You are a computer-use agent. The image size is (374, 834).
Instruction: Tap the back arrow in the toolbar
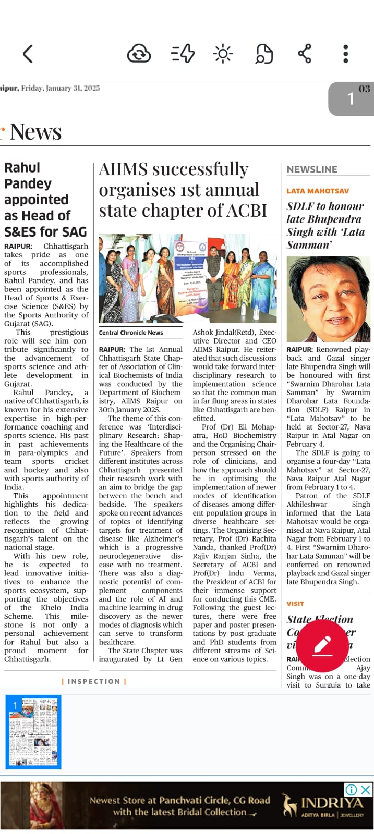pyautogui.click(x=28, y=54)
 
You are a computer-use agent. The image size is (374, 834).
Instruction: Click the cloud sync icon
pyautogui.click(x=139, y=54)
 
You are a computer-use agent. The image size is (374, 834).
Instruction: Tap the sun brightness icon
pyautogui.click(x=223, y=54)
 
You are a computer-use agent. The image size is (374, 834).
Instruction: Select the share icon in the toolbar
pyautogui.click(x=304, y=54)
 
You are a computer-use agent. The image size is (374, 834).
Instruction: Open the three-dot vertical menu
pyautogui.click(x=345, y=54)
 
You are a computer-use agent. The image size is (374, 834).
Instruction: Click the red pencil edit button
pyautogui.click(x=322, y=646)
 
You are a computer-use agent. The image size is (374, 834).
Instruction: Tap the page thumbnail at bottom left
pyautogui.click(x=33, y=732)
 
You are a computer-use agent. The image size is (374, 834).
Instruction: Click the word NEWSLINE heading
pyautogui.click(x=312, y=169)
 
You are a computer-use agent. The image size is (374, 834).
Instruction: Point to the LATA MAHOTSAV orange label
pyautogui.click(x=318, y=191)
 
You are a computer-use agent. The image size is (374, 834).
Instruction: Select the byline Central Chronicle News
pyautogui.click(x=131, y=333)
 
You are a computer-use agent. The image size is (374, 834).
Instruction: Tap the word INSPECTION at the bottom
pyautogui.click(x=94, y=681)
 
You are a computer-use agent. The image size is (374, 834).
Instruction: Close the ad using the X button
pyautogui.click(x=366, y=790)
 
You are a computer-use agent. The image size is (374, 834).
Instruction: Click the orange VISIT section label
pyautogui.click(x=295, y=604)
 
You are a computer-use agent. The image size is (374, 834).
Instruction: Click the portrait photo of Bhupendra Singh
pyautogui.click(x=328, y=299)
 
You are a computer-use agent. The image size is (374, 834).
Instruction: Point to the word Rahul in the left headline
pyautogui.click(x=22, y=168)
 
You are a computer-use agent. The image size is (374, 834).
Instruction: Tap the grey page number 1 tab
pyautogui.click(x=351, y=99)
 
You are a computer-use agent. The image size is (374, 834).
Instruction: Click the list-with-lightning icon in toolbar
pyautogui.click(x=183, y=54)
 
